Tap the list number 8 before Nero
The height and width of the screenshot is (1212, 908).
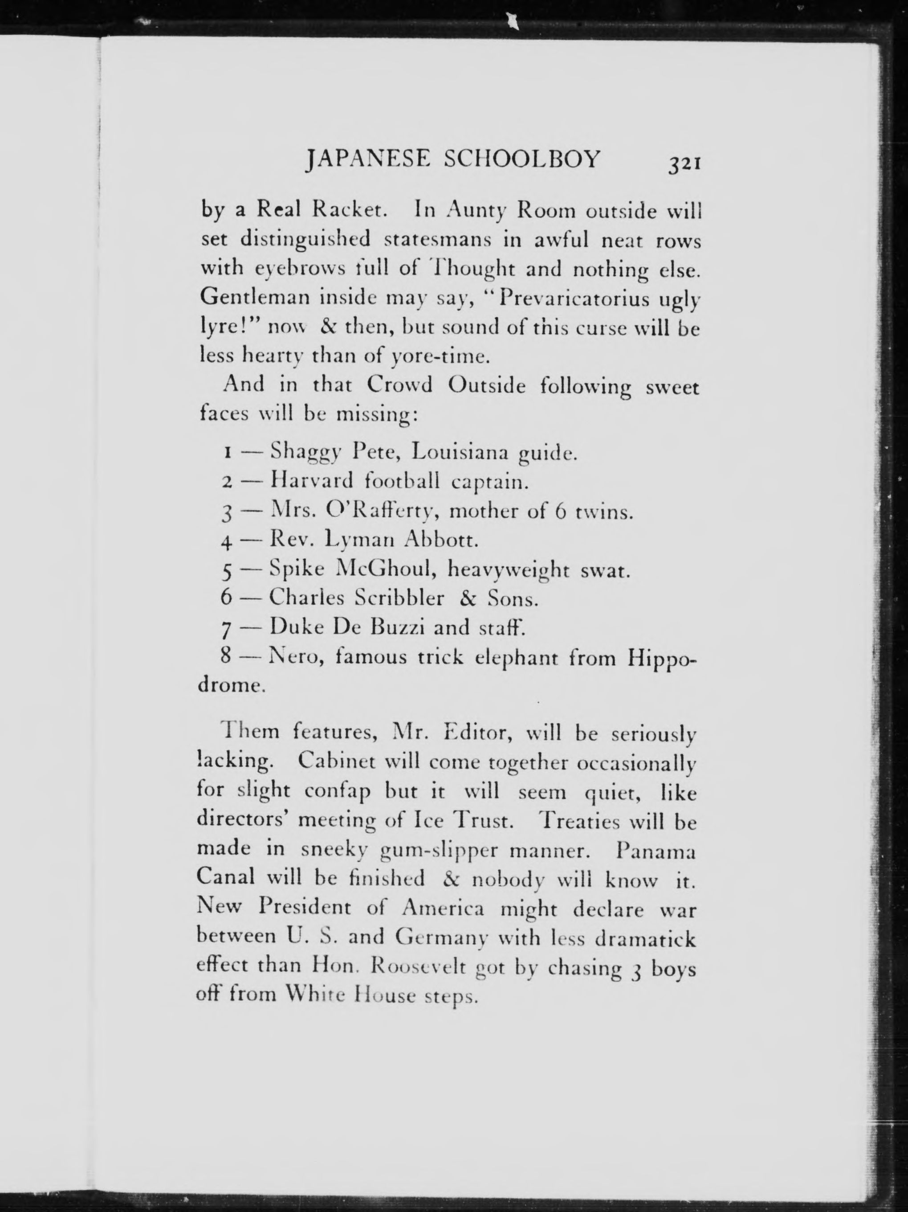coord(226,656)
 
